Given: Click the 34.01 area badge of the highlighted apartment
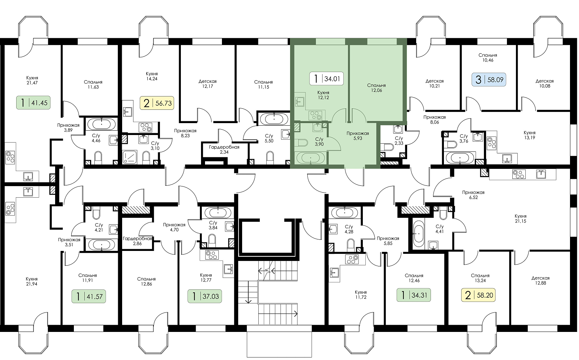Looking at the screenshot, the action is click(326, 78).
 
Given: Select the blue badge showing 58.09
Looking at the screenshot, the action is click(489, 80).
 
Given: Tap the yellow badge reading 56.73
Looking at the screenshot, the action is click(157, 103).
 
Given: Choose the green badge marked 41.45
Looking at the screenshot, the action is click(34, 103).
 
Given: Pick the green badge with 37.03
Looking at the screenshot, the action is click(205, 296).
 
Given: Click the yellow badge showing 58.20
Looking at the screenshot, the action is click(478, 295).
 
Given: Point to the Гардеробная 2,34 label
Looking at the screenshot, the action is click(224, 149).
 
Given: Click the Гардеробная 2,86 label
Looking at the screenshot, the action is click(137, 241).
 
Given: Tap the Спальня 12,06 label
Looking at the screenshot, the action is click(377, 88).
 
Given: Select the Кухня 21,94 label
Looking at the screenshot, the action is click(32, 282).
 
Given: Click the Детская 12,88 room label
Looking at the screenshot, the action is click(540, 280).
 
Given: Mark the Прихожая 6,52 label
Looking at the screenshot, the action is click(473, 195).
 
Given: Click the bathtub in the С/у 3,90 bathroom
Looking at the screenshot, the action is click(310, 158).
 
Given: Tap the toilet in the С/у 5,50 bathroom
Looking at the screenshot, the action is click(270, 158).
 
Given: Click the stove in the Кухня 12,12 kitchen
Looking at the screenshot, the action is click(315, 115).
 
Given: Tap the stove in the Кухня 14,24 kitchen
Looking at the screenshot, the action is click(145, 127).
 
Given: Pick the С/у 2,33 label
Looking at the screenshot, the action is click(398, 141).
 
